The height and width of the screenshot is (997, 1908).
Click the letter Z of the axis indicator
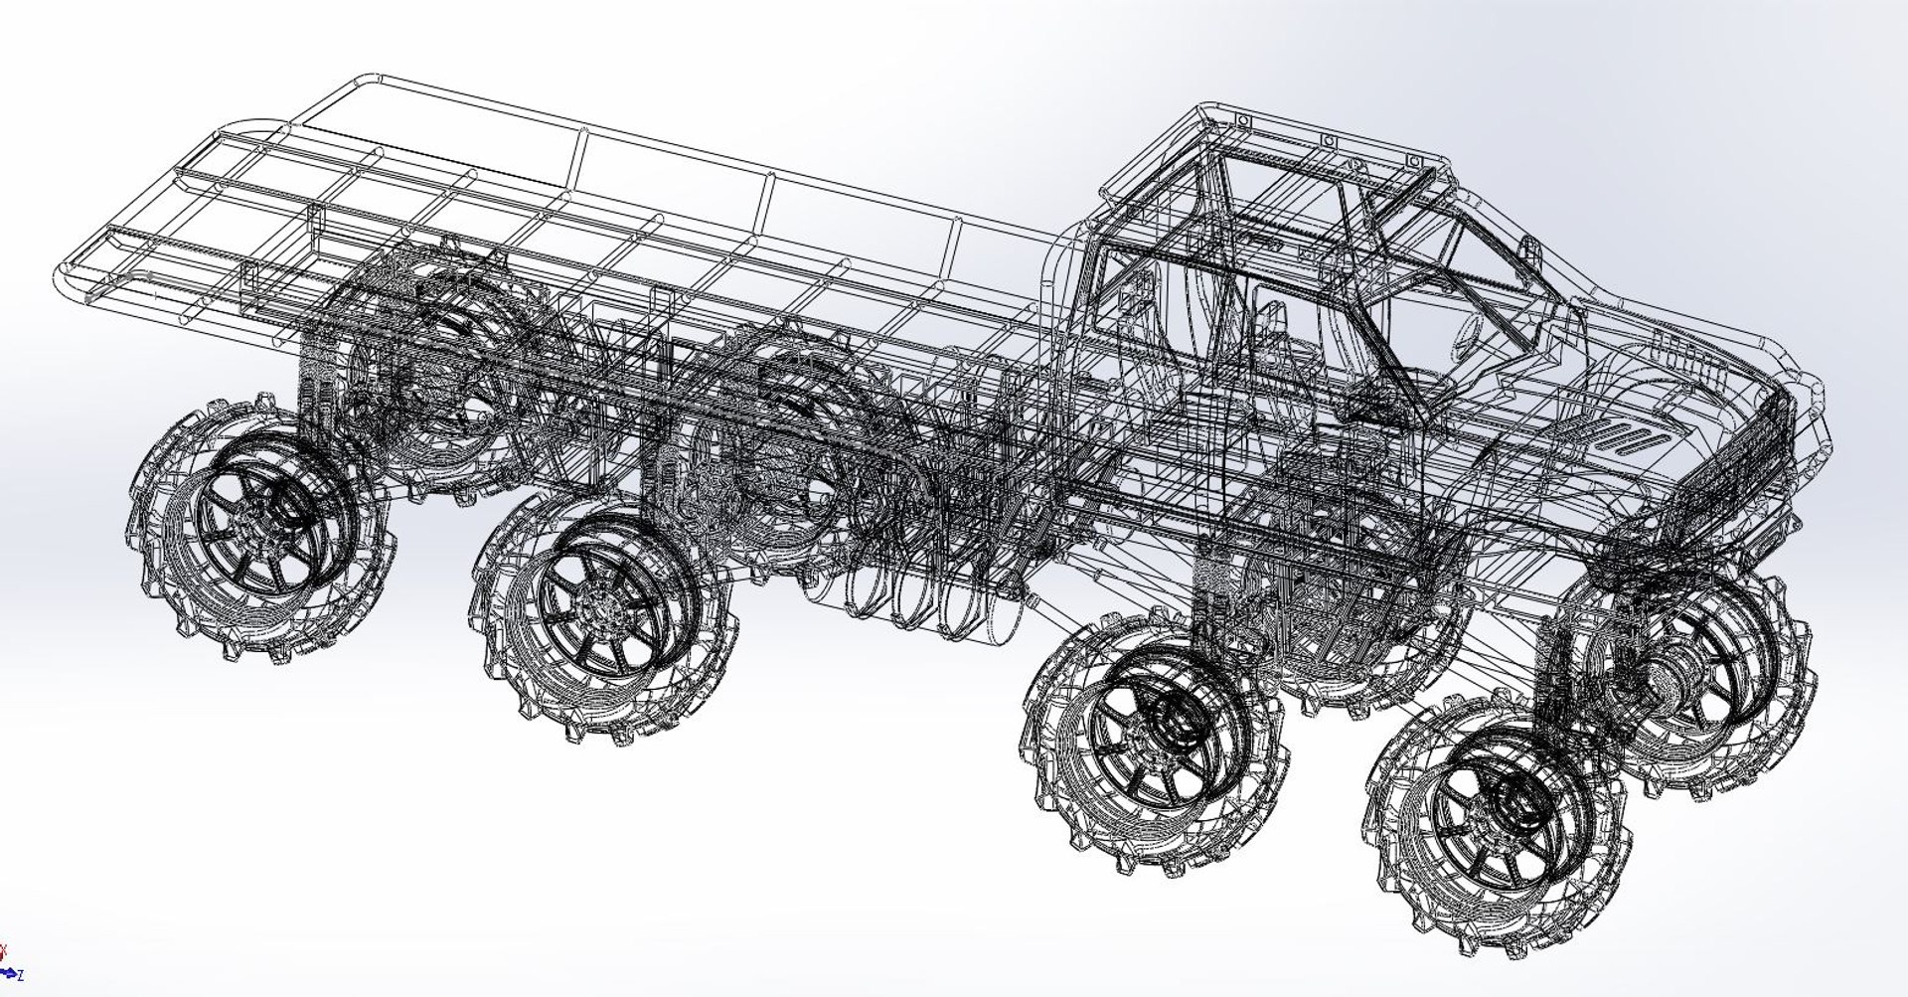point(20,976)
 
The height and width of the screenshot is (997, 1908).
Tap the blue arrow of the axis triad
point(8,972)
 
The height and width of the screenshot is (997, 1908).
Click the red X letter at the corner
point(4,950)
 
